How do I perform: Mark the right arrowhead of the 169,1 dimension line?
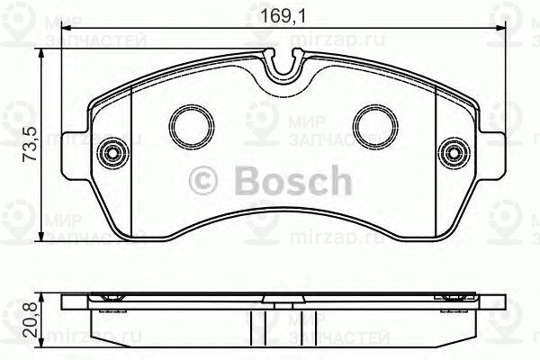click(497, 30)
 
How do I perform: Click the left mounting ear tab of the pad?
click(76, 153)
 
